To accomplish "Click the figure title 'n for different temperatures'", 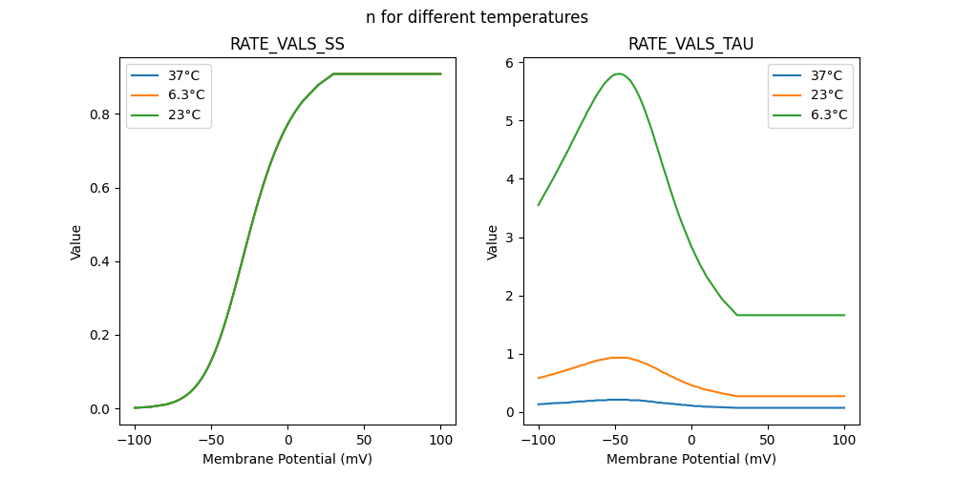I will tap(477, 17).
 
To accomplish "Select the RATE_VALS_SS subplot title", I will tap(287, 44).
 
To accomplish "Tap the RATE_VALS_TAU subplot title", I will tap(690, 44).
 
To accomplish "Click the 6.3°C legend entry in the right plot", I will tap(828, 114).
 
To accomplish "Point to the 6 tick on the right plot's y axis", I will tap(515, 62).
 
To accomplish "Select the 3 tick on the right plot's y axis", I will tap(515, 238).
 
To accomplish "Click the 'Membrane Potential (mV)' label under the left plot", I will tap(287, 459).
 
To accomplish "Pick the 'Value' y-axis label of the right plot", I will tap(493, 242).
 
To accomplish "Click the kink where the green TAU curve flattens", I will tap(737, 315).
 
